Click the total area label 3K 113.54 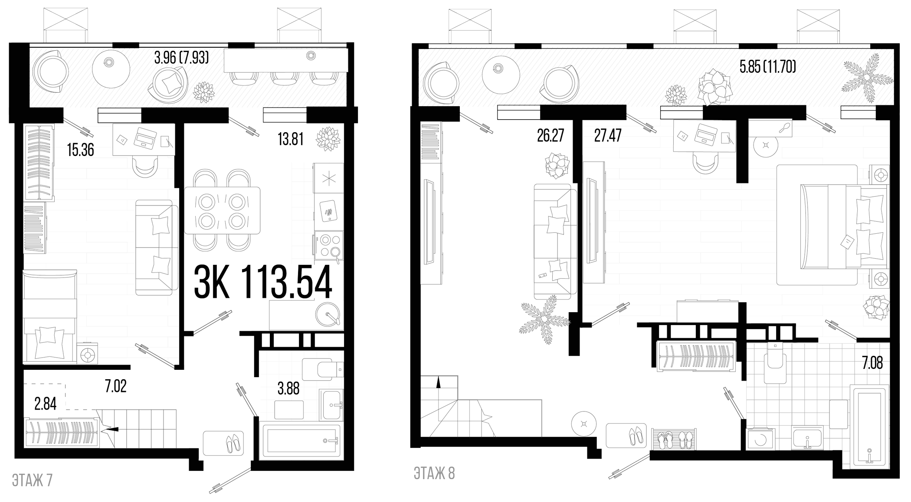[263, 282]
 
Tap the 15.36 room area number [81, 150]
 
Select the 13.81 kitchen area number [291, 139]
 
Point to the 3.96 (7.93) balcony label [182, 58]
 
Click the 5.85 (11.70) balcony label [768, 67]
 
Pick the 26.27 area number [550, 136]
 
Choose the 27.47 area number [607, 136]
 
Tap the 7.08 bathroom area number [872, 363]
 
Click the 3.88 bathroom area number [288, 388]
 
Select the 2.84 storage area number [45, 404]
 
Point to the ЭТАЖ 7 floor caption [33, 480]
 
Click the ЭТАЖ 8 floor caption [434, 473]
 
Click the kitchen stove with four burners [328, 245]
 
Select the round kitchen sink [328, 313]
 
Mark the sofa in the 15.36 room [157, 248]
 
